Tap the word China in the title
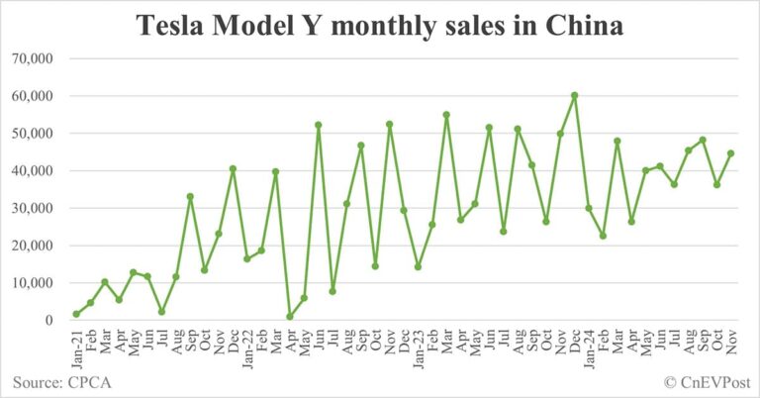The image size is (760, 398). pyautogui.click(x=585, y=27)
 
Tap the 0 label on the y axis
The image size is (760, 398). pyautogui.click(x=47, y=321)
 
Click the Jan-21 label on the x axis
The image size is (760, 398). pyautogui.click(x=76, y=346)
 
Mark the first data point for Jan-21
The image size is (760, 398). pyautogui.click(x=76, y=314)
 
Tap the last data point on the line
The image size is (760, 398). pyautogui.click(x=730, y=153)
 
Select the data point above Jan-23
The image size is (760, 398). pyautogui.click(x=418, y=266)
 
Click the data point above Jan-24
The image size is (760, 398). pyautogui.click(x=588, y=208)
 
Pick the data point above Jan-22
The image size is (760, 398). pyautogui.click(x=246, y=258)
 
